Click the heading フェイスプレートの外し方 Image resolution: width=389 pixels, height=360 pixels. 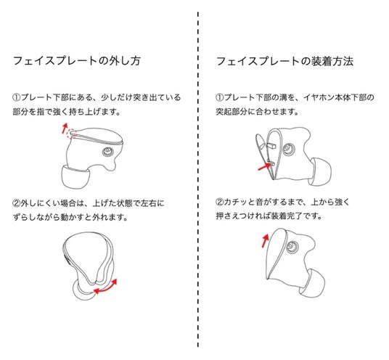(77, 61)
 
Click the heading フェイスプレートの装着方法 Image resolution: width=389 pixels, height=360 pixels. (284, 61)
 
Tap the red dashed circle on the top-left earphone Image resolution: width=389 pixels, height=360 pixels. (72, 134)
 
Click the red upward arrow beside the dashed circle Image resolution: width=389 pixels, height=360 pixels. (65, 128)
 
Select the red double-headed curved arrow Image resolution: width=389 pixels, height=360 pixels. (106, 288)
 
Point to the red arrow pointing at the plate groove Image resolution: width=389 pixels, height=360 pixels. (265, 166)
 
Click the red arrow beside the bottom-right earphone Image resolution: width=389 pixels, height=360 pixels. (266, 240)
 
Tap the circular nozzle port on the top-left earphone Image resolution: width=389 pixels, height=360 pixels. (107, 152)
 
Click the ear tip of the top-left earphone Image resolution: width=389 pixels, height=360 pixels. (75, 176)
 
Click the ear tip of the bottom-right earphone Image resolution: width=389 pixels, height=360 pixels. (313, 284)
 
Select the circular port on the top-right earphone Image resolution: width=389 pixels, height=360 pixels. (289, 149)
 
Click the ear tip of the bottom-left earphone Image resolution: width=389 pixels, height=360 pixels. (82, 291)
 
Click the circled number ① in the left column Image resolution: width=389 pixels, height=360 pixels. (17, 97)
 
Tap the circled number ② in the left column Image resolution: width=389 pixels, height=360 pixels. (17, 203)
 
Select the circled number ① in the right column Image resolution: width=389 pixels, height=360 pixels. (220, 97)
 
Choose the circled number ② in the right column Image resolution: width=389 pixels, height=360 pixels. (220, 202)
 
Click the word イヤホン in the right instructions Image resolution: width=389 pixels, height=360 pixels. (319, 97)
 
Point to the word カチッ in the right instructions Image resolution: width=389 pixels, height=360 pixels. (236, 202)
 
